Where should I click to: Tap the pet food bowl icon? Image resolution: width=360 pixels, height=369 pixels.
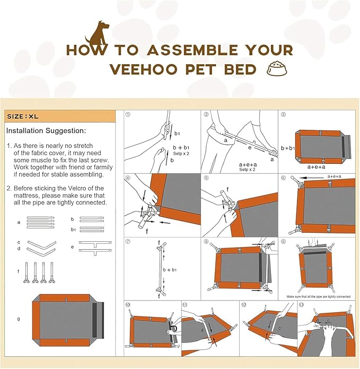click(275, 69)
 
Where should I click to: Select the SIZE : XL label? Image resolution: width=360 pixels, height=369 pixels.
click(23, 116)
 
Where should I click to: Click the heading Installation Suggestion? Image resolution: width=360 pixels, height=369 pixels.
click(46, 130)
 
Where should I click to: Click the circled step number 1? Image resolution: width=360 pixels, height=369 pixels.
click(128, 114)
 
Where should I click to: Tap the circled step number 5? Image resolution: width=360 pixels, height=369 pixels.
click(206, 178)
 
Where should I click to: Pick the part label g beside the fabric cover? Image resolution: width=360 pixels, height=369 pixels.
click(19, 319)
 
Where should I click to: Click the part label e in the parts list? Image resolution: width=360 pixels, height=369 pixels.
click(73, 247)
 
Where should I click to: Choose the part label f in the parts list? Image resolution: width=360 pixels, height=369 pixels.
click(19, 271)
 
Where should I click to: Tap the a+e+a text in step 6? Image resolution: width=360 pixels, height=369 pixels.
click(334, 176)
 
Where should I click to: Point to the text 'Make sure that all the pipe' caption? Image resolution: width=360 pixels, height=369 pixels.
click(318, 296)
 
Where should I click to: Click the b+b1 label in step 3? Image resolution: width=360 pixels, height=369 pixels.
click(289, 148)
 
